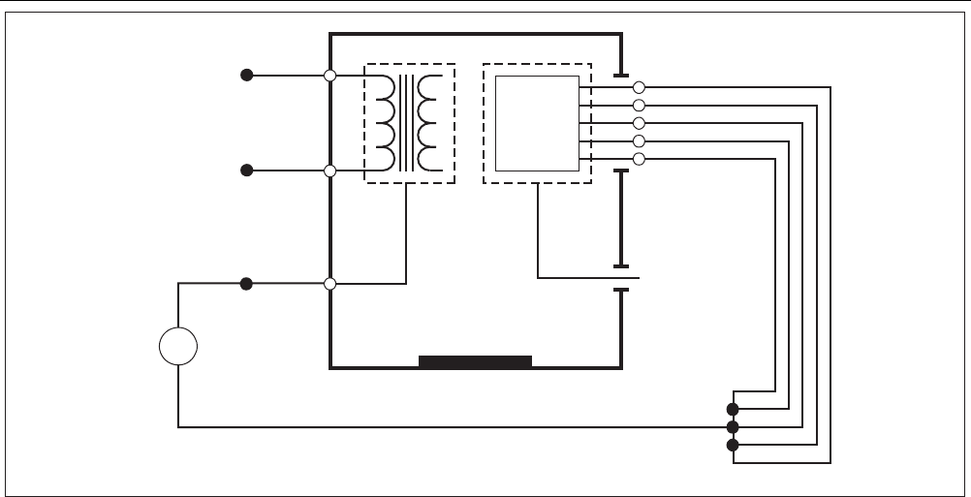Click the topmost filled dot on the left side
coord(247,75)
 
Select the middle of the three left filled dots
coord(247,171)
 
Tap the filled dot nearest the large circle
coord(247,284)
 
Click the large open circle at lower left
coord(178,347)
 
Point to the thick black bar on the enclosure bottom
coord(475,362)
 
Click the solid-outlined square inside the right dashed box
coord(537,122)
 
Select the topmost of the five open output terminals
coord(639,87)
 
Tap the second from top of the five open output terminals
coord(639,105)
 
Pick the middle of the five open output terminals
coord(639,123)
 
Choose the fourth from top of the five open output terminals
coord(639,140)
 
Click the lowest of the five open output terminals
coord(639,159)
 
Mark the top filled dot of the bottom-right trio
coord(733,409)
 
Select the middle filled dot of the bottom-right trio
coord(733,426)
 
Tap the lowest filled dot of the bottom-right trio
coord(733,445)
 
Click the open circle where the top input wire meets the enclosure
coord(330,75)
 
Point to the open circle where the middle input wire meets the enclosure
coord(330,171)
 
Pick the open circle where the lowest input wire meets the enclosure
coord(330,284)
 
